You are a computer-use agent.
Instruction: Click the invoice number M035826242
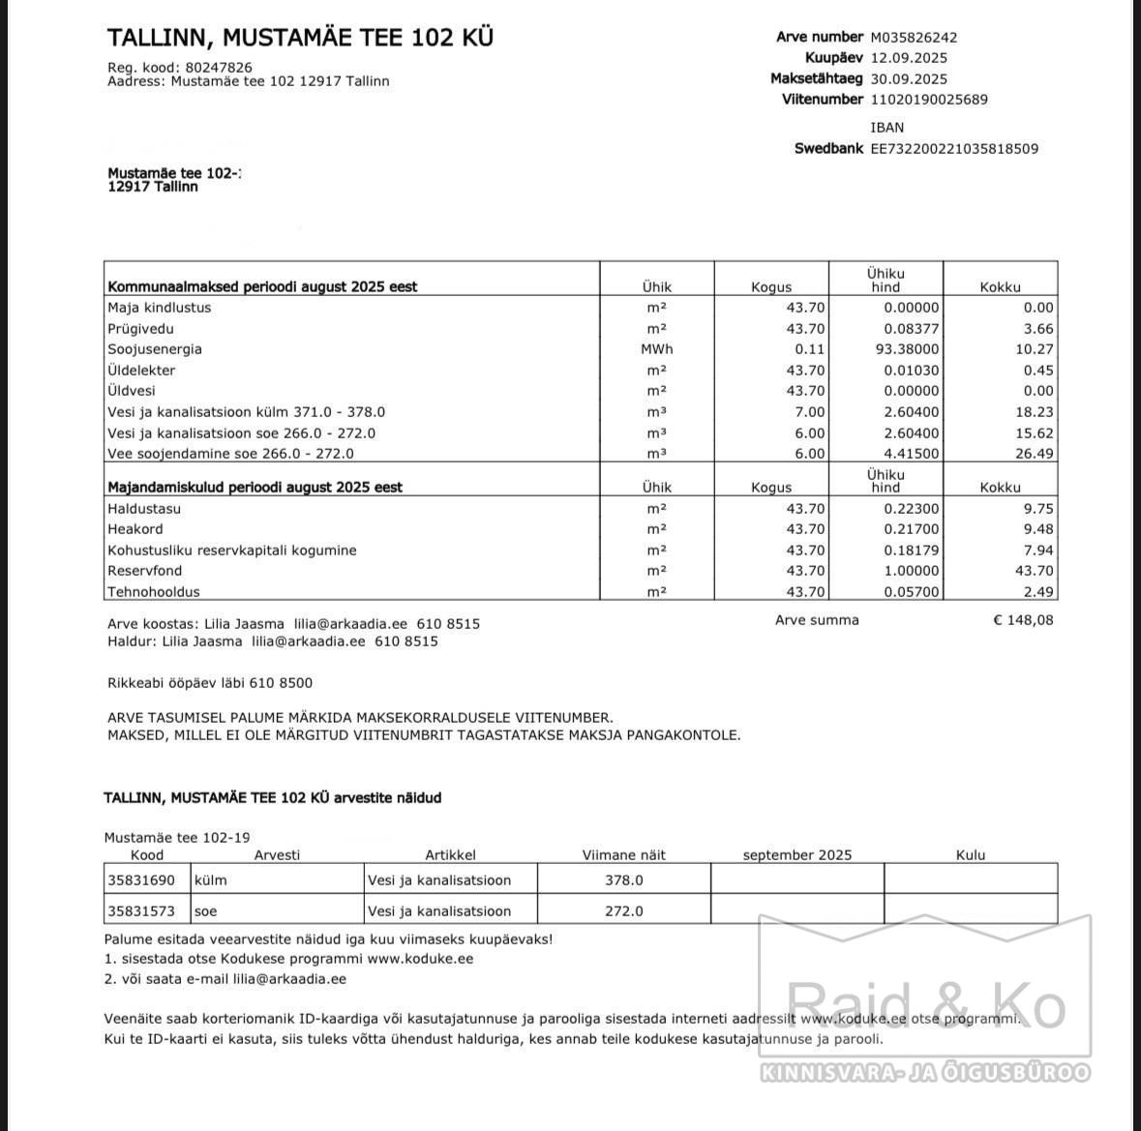pos(914,38)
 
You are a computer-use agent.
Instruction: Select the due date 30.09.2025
pos(909,79)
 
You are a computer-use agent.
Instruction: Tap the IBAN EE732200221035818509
pos(954,149)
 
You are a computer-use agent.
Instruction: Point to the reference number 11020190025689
pos(929,100)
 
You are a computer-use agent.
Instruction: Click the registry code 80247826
pos(219,68)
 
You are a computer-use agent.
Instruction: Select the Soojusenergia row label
pos(155,349)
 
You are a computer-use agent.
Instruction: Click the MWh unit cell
pos(656,349)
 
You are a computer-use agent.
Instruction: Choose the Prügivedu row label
pos(141,329)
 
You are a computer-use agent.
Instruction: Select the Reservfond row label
pos(145,571)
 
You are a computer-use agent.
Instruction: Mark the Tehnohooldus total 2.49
pos(1038,592)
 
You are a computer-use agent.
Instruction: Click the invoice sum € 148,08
pos(1023,620)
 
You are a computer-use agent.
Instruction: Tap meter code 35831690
pos(141,880)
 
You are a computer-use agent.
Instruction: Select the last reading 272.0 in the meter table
pos(624,911)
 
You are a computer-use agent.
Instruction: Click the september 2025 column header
pos(797,855)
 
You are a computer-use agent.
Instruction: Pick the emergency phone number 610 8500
pos(281,683)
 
